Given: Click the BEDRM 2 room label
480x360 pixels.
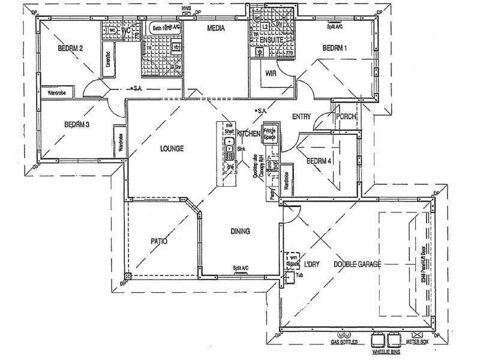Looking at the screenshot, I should click(70, 48).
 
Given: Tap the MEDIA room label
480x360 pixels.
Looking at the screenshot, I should click(215, 28).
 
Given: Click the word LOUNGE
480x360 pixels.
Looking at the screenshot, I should click(171, 148).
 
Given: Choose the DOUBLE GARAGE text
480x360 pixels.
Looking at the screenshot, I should click(358, 263).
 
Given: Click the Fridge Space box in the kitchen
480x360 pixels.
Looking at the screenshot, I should click(269, 133).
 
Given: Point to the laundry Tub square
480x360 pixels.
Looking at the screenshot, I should click(290, 277).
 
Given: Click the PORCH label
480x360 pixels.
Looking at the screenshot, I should click(346, 116).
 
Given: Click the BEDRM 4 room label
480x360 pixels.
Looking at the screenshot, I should click(319, 161).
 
